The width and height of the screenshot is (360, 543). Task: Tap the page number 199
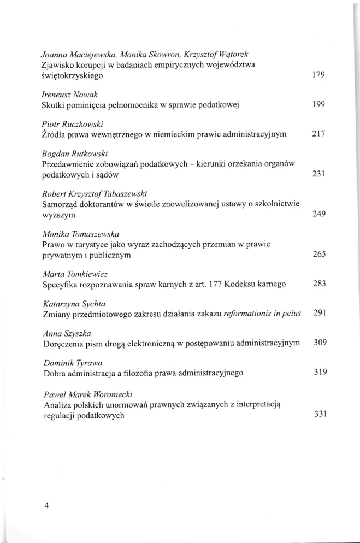pyautogui.click(x=318, y=104)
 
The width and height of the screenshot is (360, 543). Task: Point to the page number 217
pyautogui.click(x=318, y=133)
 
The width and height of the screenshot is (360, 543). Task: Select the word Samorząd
pyautogui.click(x=61, y=203)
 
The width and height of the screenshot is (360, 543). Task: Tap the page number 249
pyautogui.click(x=318, y=214)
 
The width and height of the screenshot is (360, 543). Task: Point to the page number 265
pyautogui.click(x=318, y=254)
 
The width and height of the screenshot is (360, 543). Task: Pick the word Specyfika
pyautogui.click(x=60, y=284)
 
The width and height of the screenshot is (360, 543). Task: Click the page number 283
pyautogui.click(x=318, y=284)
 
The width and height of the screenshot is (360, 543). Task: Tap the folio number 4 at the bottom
pyautogui.click(x=47, y=505)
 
